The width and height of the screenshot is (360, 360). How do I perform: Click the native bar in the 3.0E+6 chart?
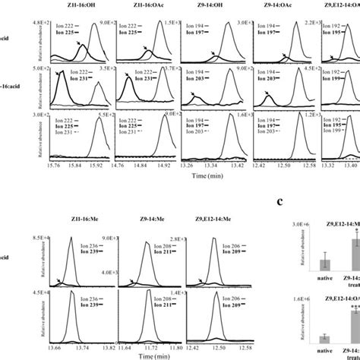coord(324,263)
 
